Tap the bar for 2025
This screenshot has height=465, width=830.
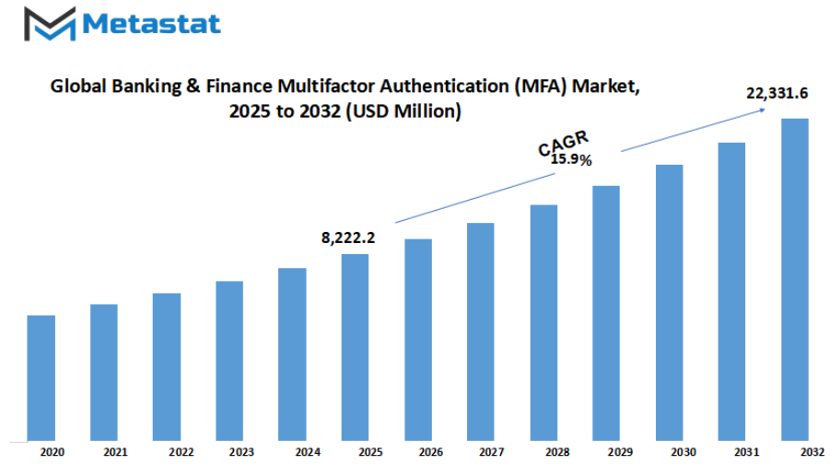coord(355,347)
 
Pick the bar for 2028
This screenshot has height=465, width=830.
coord(544,322)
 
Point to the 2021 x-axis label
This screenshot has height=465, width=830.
coord(115,452)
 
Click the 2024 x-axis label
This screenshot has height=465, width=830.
coord(308,452)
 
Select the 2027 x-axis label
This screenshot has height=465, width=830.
coord(491,452)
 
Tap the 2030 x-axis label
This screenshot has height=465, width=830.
coord(683,452)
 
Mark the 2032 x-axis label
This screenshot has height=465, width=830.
coord(812,452)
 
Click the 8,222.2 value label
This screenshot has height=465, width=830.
coord(348,238)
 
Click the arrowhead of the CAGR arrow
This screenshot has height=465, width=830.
coord(763,110)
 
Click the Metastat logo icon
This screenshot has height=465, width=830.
coord(44,24)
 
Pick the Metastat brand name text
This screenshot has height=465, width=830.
coord(151,23)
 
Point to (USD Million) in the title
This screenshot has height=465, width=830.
coord(406,111)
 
